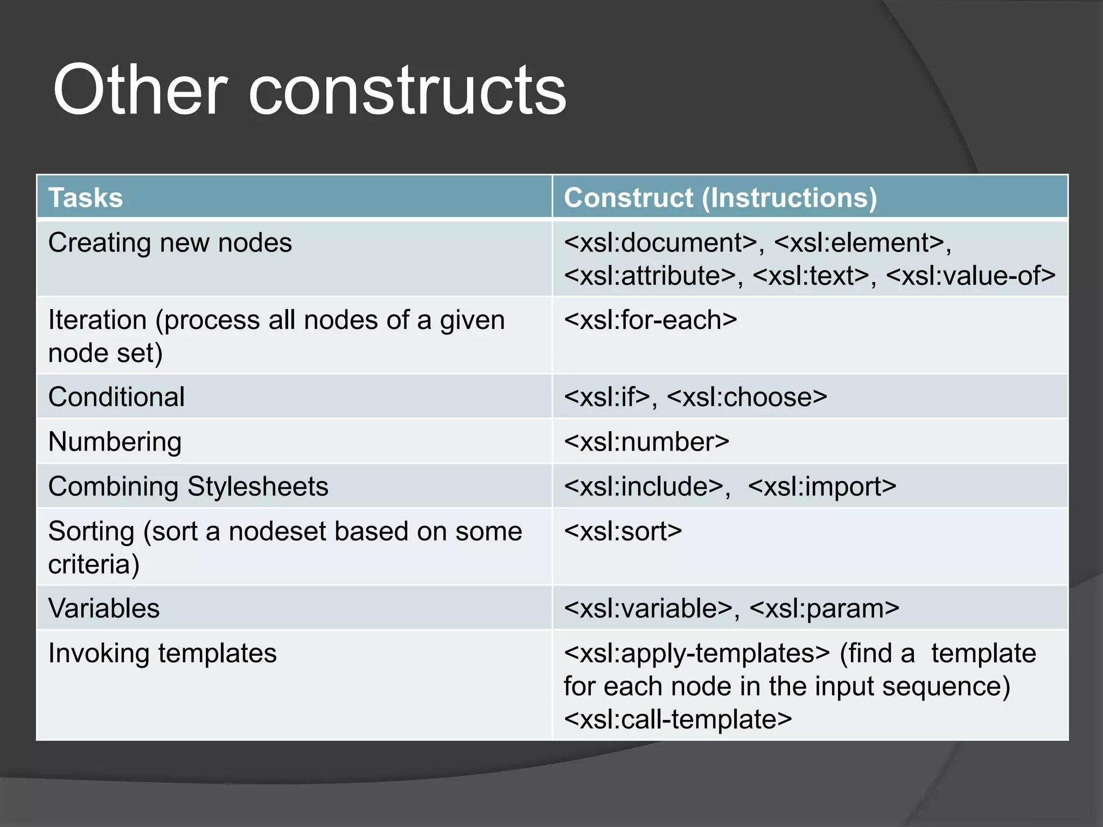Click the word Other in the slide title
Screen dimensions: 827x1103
[140, 89]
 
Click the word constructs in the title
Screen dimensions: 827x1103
[407, 89]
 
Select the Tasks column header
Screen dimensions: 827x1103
[86, 198]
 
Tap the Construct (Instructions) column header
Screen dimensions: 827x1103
[720, 198]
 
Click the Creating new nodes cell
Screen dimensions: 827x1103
[170, 243]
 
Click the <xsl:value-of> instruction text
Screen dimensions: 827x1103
[970, 276]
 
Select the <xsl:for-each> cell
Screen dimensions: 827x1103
[650, 320]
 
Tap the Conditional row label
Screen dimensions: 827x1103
[116, 397]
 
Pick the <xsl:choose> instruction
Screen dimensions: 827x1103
[746, 397]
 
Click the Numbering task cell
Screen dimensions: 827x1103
[115, 442]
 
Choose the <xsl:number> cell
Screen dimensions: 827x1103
[646, 442]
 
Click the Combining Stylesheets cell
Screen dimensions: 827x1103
[188, 487]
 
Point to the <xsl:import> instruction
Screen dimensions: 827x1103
[822, 487]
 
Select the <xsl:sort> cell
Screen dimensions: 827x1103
[623, 531]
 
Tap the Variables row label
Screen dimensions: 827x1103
[104, 608]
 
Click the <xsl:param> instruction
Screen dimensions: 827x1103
[824, 608]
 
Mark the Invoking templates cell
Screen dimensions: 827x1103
[162, 653]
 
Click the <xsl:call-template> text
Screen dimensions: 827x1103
[678, 719]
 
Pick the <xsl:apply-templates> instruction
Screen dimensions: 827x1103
[696, 653]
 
